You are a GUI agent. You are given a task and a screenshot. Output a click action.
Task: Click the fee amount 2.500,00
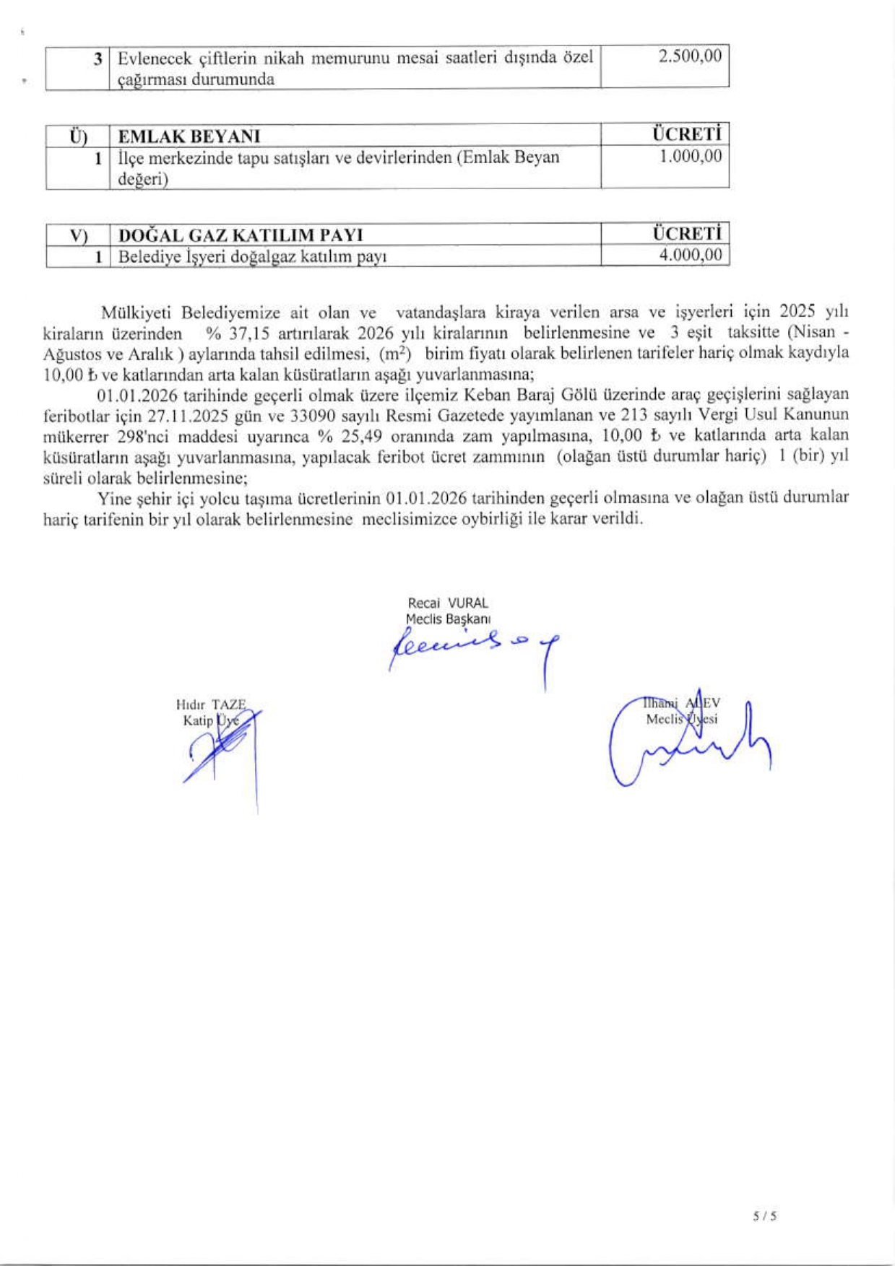pyautogui.click(x=689, y=56)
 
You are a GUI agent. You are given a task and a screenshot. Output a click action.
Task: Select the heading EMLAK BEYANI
pyautogui.click(x=189, y=136)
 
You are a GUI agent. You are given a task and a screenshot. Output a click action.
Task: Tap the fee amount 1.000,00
pyautogui.click(x=690, y=156)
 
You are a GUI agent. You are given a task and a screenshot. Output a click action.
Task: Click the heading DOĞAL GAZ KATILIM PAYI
pyautogui.click(x=241, y=235)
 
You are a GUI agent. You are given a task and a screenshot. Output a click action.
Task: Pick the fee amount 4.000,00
pyautogui.click(x=690, y=255)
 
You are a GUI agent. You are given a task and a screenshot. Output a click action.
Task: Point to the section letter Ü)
pyautogui.click(x=78, y=136)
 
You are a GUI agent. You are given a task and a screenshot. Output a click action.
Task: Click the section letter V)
pyautogui.click(x=78, y=235)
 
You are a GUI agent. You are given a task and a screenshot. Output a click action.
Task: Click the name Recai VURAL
pyautogui.click(x=448, y=603)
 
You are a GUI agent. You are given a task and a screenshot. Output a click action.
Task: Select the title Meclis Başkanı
pyautogui.click(x=448, y=619)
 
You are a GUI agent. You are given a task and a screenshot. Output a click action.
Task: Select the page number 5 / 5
pyautogui.click(x=764, y=1216)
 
